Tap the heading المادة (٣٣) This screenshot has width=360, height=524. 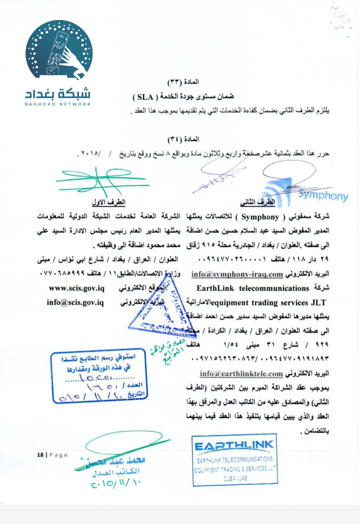(183, 82)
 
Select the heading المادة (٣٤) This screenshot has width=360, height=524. (183, 139)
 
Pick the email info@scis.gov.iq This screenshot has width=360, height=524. (75, 302)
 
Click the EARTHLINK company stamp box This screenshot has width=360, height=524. (234, 460)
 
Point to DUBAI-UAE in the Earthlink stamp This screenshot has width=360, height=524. (234, 477)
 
